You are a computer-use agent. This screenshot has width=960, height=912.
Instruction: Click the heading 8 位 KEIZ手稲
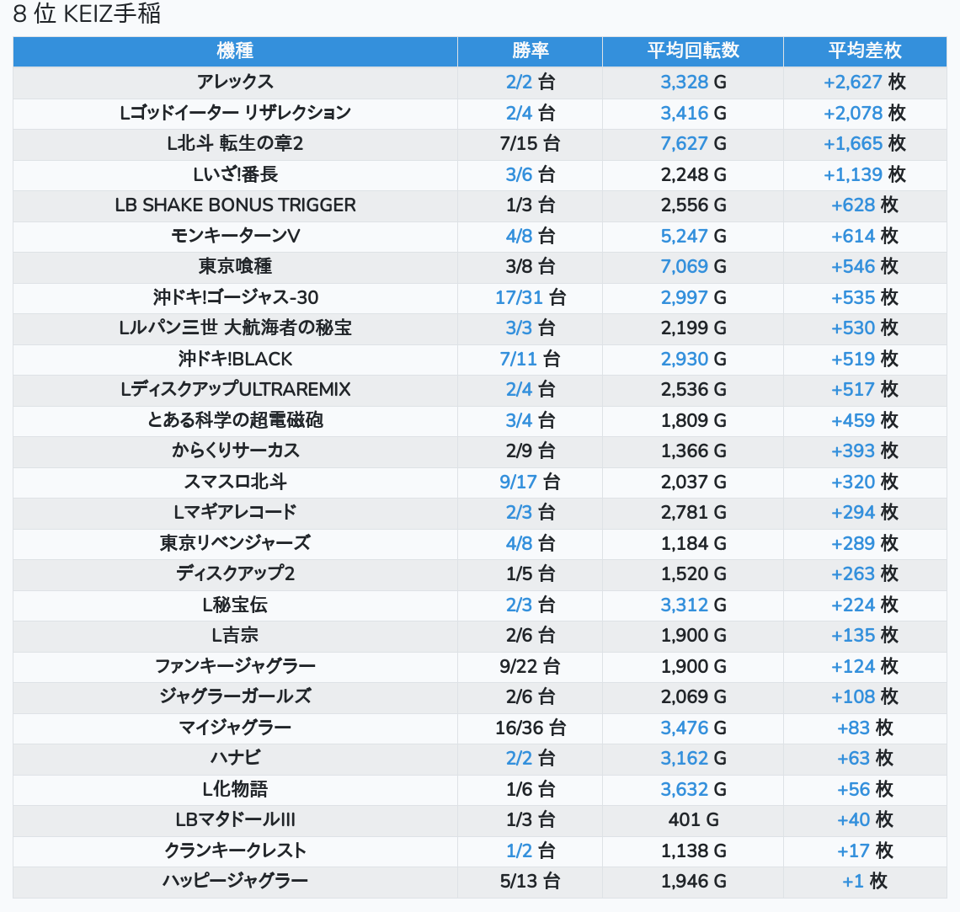[x=87, y=14]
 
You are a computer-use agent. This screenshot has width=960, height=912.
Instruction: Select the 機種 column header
[x=235, y=51]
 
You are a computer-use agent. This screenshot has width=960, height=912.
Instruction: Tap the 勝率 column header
[x=530, y=51]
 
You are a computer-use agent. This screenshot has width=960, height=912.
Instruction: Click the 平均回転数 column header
[x=692, y=51]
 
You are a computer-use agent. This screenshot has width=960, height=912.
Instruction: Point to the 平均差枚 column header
[x=865, y=51]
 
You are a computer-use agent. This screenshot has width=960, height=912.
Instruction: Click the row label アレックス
[x=235, y=82]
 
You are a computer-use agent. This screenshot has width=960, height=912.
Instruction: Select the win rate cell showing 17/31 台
[x=530, y=297]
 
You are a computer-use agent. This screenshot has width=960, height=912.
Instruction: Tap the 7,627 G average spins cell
[x=692, y=143]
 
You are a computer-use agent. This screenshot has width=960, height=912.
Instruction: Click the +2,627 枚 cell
[x=865, y=82]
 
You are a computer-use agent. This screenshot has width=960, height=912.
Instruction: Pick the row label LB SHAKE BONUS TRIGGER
[x=235, y=205]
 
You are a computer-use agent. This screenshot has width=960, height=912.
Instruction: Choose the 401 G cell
[x=692, y=819]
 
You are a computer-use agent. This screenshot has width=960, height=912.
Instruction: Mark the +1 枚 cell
[x=865, y=881]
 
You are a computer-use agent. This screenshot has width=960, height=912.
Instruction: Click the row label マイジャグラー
[x=235, y=728]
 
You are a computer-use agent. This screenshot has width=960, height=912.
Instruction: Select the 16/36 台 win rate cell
[x=530, y=728]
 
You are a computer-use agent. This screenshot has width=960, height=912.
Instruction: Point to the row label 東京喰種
[x=235, y=266]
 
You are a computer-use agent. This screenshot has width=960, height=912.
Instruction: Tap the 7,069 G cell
[x=692, y=266]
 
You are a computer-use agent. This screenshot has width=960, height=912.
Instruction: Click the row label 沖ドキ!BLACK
[x=235, y=359]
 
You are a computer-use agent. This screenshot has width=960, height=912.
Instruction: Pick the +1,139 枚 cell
[x=865, y=174]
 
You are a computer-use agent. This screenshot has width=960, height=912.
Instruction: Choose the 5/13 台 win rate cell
[x=530, y=881]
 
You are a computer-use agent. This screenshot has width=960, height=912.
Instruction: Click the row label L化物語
[x=235, y=789]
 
